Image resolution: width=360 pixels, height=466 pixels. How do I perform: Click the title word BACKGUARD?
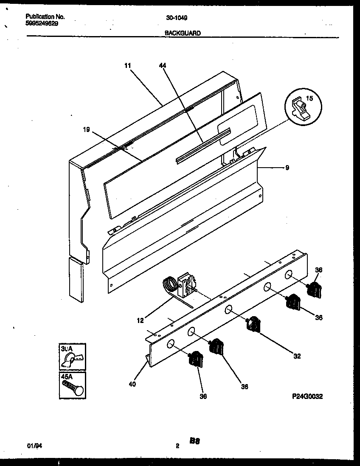(x=183, y=33)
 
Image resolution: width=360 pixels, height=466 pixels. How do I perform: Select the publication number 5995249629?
(x=42, y=23)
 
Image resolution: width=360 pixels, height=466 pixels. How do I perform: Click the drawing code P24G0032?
(x=307, y=396)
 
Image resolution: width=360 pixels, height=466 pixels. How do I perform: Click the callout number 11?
(x=127, y=65)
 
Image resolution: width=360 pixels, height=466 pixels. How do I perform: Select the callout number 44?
(x=163, y=65)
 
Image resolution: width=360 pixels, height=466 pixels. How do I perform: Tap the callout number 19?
(x=86, y=129)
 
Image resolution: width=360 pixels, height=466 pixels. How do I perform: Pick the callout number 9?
(x=287, y=168)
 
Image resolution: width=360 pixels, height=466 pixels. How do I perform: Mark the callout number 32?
(x=297, y=356)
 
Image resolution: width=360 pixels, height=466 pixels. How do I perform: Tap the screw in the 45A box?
(x=72, y=387)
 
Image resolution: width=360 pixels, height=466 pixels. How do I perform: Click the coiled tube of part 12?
(x=170, y=283)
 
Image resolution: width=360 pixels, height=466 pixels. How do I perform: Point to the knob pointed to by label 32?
(x=253, y=324)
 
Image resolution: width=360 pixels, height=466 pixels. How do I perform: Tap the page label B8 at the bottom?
(x=195, y=441)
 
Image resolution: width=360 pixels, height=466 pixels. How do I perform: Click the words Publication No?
(x=45, y=17)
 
